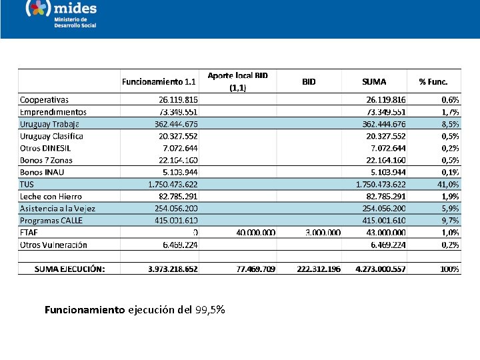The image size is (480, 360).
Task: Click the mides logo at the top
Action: coord(61,13)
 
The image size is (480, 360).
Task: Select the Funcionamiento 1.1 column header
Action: coord(159,82)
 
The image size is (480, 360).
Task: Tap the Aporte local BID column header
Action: coord(238,81)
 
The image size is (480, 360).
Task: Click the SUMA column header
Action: coord(374,82)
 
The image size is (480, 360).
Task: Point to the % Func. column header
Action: coord(433,82)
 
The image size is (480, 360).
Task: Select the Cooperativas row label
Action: coord(44,99)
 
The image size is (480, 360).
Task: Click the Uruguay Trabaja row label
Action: coord(49,124)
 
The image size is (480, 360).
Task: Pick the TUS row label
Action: coord(27,184)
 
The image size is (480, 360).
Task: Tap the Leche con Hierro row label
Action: coord(51,196)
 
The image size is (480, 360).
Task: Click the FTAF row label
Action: coord(29,232)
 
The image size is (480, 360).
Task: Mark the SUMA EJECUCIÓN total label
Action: coord(70,269)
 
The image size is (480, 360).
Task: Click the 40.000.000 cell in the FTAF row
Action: coord(256,232)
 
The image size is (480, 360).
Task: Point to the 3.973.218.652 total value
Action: coord(173,269)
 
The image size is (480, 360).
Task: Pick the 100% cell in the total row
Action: coord(449,269)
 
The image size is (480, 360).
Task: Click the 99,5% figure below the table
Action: coord(210,310)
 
